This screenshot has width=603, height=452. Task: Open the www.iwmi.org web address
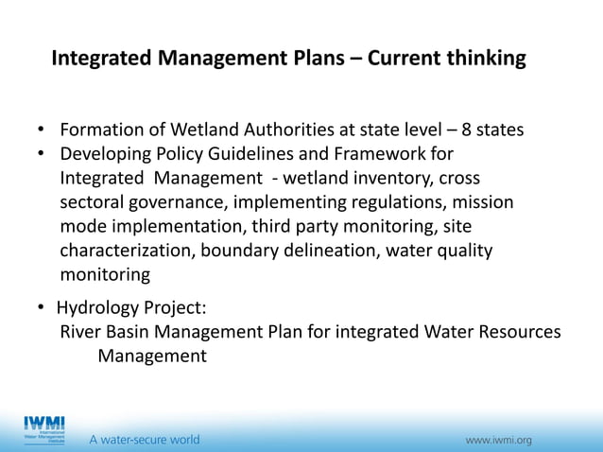tap(498, 440)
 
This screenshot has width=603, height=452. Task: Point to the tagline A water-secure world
tap(145, 440)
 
